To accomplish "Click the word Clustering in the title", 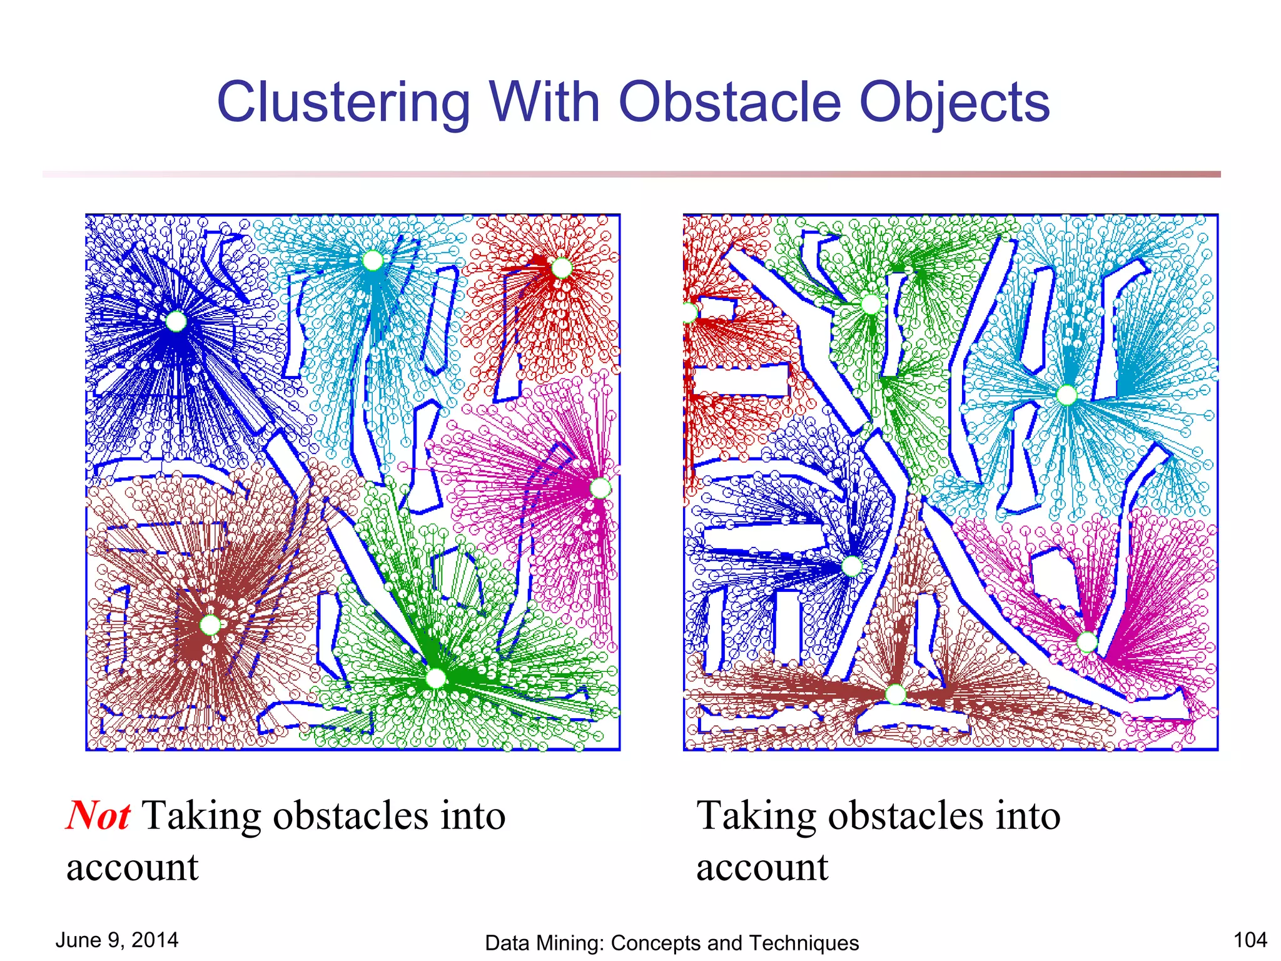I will pyautogui.click(x=343, y=103).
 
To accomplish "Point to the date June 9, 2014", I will pyautogui.click(x=117, y=940).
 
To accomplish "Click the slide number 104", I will pyautogui.click(x=1250, y=940).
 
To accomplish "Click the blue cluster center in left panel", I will pyautogui.click(x=176, y=322).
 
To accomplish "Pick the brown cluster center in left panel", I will pyautogui.click(x=210, y=624).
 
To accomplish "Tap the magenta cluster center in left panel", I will pyautogui.click(x=600, y=488).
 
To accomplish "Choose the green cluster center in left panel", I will pyautogui.click(x=435, y=678).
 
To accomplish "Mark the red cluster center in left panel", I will pyautogui.click(x=561, y=268).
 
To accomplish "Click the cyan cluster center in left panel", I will pyautogui.click(x=373, y=260).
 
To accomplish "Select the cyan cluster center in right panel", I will pyautogui.click(x=1066, y=395).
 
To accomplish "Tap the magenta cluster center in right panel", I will pyautogui.click(x=1087, y=642).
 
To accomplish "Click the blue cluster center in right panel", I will pyautogui.click(x=852, y=566).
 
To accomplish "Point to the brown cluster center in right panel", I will pyautogui.click(x=896, y=694).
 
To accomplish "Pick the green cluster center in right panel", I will pyautogui.click(x=871, y=305).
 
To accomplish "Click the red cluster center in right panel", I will pyautogui.click(x=689, y=312).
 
